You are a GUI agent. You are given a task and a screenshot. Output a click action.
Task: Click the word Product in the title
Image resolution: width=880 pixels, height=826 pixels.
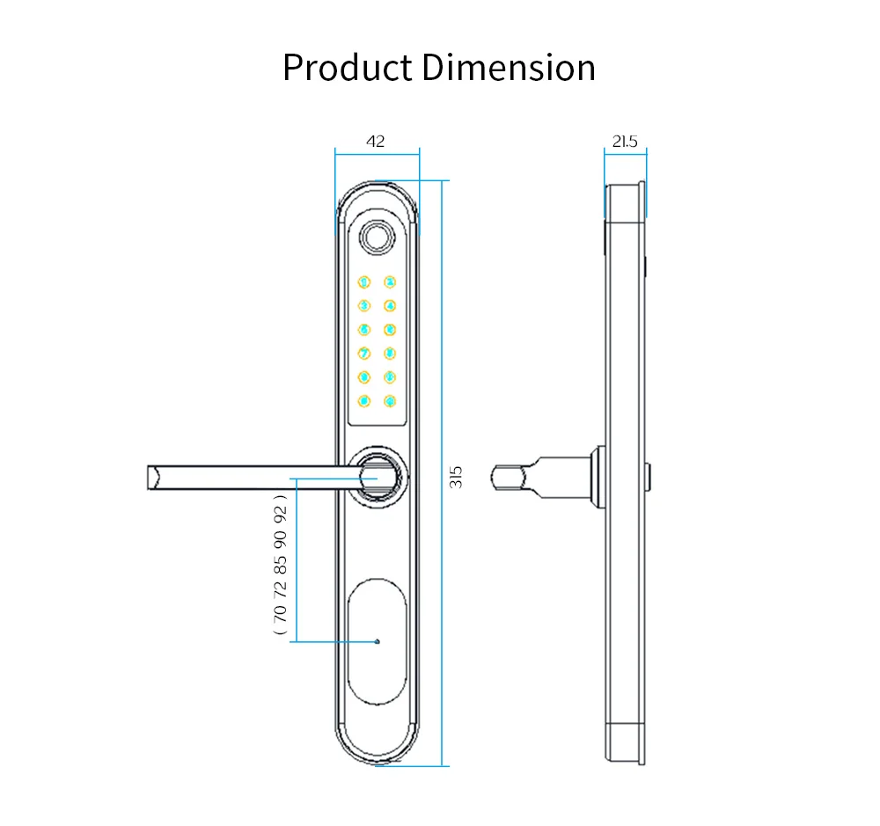pos(347,69)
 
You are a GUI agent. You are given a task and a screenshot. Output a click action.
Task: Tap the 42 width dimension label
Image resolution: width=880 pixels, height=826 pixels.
pos(376,141)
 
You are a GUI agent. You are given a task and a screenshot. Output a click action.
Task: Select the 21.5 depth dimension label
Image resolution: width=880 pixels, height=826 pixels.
pos(625,141)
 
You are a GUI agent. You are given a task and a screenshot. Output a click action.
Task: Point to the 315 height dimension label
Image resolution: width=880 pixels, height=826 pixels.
pos(456,477)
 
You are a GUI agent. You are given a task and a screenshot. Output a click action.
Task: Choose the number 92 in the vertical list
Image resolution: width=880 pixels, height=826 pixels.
pos(280,512)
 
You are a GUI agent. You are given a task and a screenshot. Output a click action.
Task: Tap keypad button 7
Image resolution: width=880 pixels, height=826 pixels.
pos(363,354)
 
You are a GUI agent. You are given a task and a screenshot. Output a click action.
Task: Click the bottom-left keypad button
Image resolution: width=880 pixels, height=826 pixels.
pos(363,401)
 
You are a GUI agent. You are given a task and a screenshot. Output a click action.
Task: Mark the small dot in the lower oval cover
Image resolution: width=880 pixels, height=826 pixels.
pos(378,641)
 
